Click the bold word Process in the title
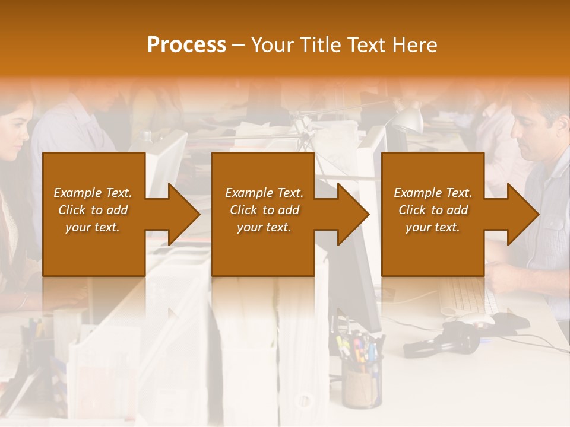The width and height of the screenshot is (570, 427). coord(186,45)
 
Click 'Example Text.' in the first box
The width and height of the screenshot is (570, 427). coord(93,193)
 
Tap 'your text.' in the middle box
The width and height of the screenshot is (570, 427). coord(264,227)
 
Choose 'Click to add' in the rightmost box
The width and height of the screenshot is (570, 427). coord(433,210)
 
